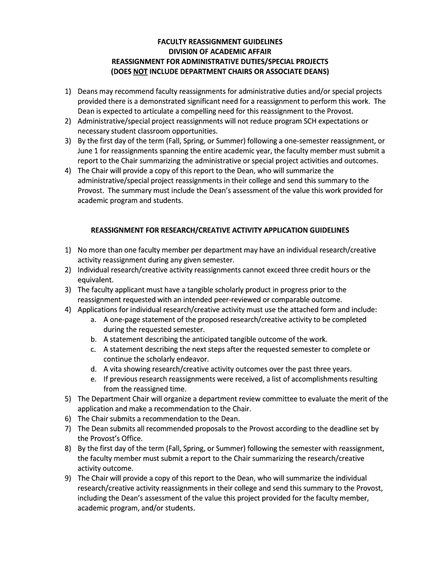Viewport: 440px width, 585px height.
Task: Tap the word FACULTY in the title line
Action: [172, 42]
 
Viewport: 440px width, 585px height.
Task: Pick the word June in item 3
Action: [85, 151]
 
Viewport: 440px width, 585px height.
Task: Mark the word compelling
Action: [186, 111]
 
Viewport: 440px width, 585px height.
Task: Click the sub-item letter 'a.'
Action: [93, 320]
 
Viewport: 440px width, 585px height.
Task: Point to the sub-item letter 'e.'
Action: [93, 379]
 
